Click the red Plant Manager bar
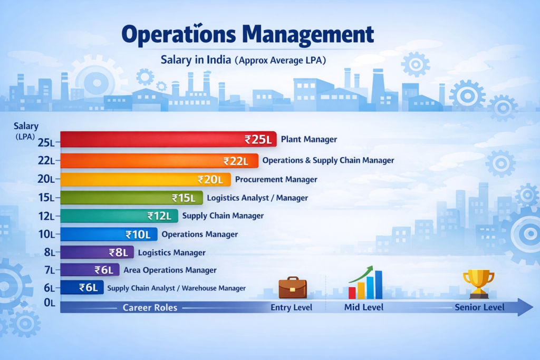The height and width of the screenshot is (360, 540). [153, 139]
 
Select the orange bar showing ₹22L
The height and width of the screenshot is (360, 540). [142, 161]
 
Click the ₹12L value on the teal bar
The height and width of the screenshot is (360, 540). [159, 216]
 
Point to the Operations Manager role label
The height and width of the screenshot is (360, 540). [199, 234]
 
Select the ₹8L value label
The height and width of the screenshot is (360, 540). [118, 252]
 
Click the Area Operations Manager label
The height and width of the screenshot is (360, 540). [170, 270]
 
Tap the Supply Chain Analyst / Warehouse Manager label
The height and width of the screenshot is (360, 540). [176, 288]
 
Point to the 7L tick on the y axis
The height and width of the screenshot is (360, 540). [49, 270]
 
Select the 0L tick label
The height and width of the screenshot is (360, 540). [49, 303]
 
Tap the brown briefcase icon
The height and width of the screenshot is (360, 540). [293, 288]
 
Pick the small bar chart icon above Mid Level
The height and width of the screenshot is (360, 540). [365, 283]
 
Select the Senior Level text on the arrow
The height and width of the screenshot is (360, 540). [479, 307]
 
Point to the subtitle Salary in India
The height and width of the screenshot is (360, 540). [196, 60]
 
